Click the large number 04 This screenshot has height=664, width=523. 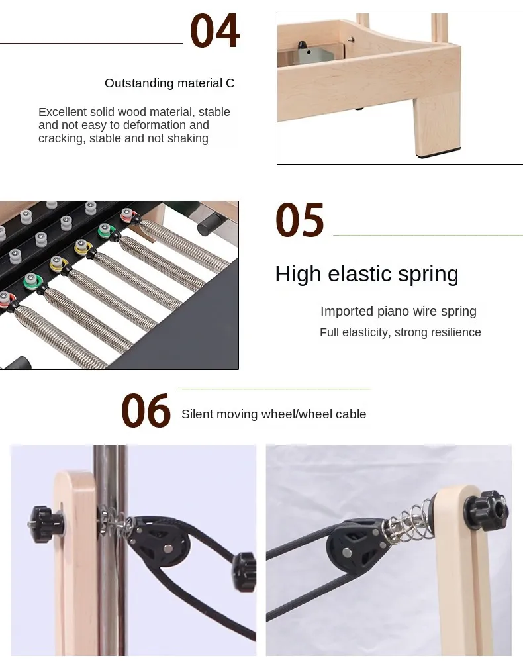coord(214,31)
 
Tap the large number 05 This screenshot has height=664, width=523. coord(300,221)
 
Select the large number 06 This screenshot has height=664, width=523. coord(146,411)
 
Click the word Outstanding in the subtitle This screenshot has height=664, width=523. coord(136,83)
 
